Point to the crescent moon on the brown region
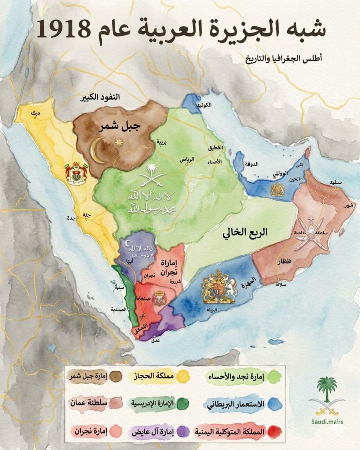[x=98, y=151]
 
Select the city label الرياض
[x=186, y=159]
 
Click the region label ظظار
[x=284, y=262]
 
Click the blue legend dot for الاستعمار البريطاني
[x=275, y=404]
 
